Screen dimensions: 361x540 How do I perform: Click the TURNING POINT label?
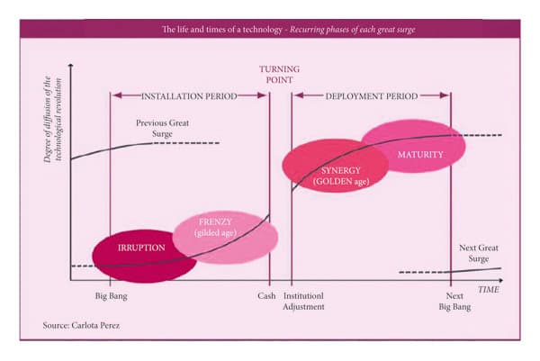click(280, 74)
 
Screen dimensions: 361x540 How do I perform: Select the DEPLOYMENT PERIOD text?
click(371, 95)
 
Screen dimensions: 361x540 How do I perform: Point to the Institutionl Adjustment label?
click(303, 301)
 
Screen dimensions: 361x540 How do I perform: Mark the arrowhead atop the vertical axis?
click(70, 64)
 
